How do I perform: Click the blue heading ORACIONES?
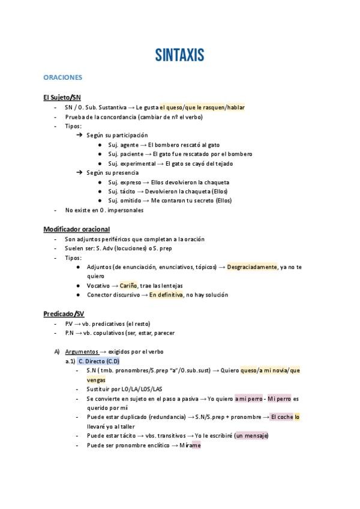tap(62, 77)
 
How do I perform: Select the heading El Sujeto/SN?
tap(62, 97)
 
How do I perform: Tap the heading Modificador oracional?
tap(76, 229)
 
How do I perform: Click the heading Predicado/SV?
tap(64, 313)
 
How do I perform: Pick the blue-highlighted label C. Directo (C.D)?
tap(99, 361)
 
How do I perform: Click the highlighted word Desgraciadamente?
tap(252, 267)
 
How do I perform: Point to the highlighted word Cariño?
tap(128, 285)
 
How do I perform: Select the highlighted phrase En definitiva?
tap(166, 295)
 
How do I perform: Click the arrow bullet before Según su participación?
tap(79, 136)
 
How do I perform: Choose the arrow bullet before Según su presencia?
tap(79, 173)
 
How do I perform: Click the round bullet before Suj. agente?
tap(100, 145)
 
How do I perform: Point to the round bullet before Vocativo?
tap(79, 286)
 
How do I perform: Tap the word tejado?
tap(221, 163)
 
